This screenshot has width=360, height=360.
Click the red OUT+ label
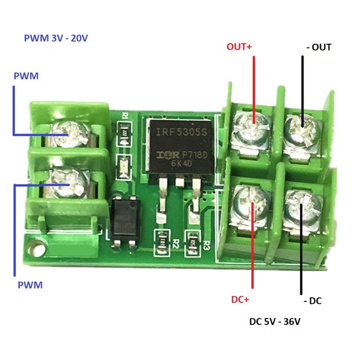pyautogui.click(x=240, y=47)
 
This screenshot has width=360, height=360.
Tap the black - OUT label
pyautogui.click(x=318, y=47)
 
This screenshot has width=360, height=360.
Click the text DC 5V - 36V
pyautogui.click(x=275, y=322)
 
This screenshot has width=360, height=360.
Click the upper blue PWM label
pyautogui.click(x=26, y=76)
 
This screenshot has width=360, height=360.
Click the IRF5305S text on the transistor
pyautogui.click(x=177, y=133)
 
